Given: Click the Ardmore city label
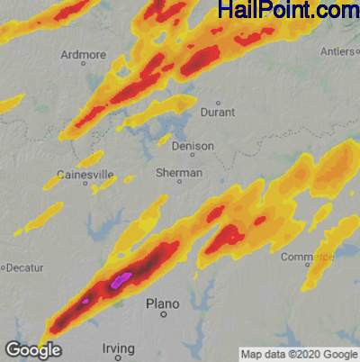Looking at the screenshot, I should point(83,55).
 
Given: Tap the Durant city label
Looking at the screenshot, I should point(220,113).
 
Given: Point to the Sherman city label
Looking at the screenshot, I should point(179,172).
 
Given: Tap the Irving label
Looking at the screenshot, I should point(118,348).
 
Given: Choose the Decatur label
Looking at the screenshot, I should point(26,267).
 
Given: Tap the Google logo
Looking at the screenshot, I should point(32,349).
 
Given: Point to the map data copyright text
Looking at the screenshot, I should point(298,353).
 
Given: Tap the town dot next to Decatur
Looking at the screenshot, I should point(4,267).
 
